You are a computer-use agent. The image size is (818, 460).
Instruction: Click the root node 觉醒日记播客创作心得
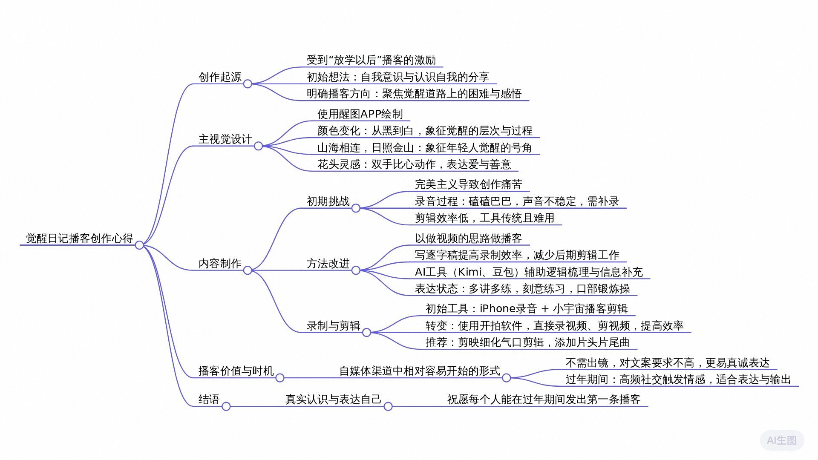[79, 238]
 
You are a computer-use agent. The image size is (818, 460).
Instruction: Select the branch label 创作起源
[220, 77]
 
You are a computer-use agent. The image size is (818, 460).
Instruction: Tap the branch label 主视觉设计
[225, 139]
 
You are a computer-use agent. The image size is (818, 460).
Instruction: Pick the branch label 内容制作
[220, 264]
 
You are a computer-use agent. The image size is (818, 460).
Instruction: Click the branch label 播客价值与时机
[236, 371]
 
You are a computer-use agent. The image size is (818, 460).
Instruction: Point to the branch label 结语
[209, 400]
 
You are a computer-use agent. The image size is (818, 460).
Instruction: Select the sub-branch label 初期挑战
[328, 201]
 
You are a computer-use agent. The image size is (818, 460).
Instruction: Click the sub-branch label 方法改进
[328, 264]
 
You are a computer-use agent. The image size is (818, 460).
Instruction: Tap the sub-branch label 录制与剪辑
[333, 326]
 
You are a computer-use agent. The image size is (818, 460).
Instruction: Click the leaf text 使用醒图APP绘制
[360, 114]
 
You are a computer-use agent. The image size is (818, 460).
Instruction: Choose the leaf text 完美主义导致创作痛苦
[468, 184]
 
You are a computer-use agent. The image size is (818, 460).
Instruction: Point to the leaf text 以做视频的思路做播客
[468, 239]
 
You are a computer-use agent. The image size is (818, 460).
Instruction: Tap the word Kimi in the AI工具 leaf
[469, 272]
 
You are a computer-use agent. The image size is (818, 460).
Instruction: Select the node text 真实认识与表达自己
[333, 400]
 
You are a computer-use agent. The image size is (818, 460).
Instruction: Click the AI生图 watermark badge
[782, 440]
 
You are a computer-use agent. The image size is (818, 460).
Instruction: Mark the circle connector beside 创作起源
[248, 84]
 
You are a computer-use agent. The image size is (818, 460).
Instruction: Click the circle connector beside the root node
[139, 245]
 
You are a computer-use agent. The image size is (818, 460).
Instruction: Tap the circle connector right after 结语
[226, 406]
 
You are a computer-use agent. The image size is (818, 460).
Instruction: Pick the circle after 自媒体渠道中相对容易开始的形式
[506, 378]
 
